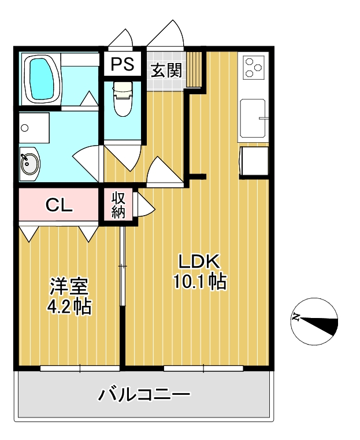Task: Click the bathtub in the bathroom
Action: pos(42,79)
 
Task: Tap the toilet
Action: pos(123,99)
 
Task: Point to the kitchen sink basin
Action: pos(253,118)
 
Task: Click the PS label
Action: pos(123,64)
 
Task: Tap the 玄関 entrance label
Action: pos(166,70)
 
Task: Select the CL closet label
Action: pos(59,205)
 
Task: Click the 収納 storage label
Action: pos(118,205)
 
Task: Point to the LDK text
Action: pos(199,261)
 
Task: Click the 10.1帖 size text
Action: pos(200,282)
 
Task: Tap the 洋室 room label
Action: pos(69,287)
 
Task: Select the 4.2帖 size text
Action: pos(69,306)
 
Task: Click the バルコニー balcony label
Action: pos(144,394)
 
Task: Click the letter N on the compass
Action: pos(296,317)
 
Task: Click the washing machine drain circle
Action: pos(25,128)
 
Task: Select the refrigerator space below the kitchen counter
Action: pos(254,161)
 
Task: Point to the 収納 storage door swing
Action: pos(144,205)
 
